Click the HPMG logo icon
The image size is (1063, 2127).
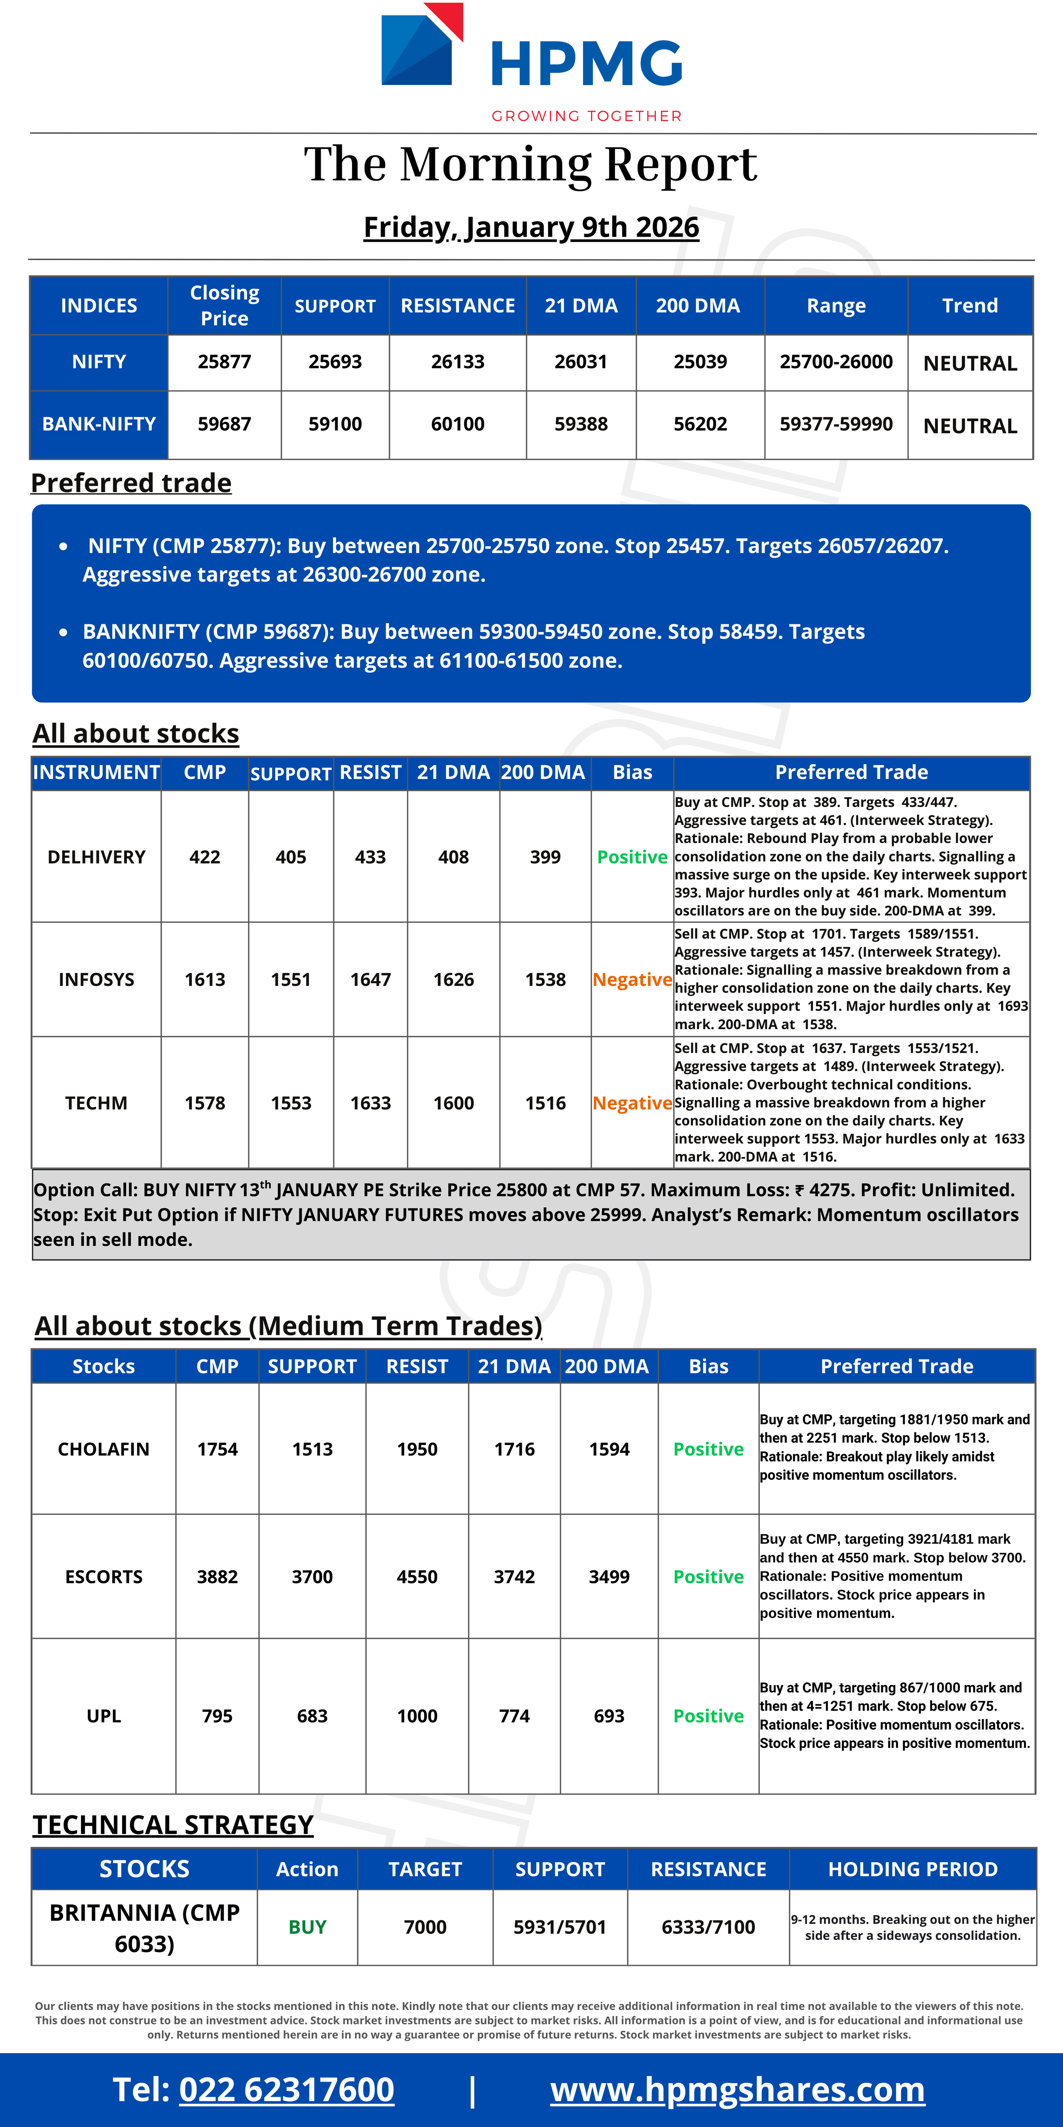421,45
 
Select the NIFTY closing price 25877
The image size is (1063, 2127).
224,362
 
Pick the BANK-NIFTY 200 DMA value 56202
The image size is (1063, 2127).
700,424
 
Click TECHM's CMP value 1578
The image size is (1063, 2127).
205,1103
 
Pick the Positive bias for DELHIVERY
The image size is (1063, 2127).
632,857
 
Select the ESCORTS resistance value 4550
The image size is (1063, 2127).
417,1577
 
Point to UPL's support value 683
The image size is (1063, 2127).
312,1716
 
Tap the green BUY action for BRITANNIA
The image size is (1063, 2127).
307,1927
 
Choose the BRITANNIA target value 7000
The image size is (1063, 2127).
425,1927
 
